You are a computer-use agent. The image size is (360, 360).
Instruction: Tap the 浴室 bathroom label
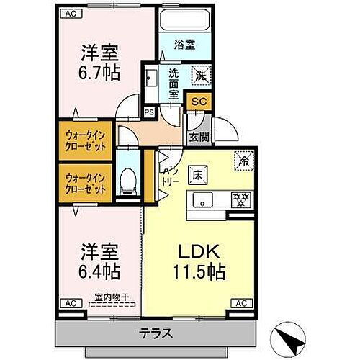185,44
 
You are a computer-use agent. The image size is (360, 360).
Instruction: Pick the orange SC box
198,102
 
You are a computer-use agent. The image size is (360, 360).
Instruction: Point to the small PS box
149,112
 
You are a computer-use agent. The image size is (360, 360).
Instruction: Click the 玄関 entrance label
199,136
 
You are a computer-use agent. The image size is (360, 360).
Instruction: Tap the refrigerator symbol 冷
243,162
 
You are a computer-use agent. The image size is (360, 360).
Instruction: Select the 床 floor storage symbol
197,174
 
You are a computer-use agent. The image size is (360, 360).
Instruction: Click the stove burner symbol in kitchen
238,199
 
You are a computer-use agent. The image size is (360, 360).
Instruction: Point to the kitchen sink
202,199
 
